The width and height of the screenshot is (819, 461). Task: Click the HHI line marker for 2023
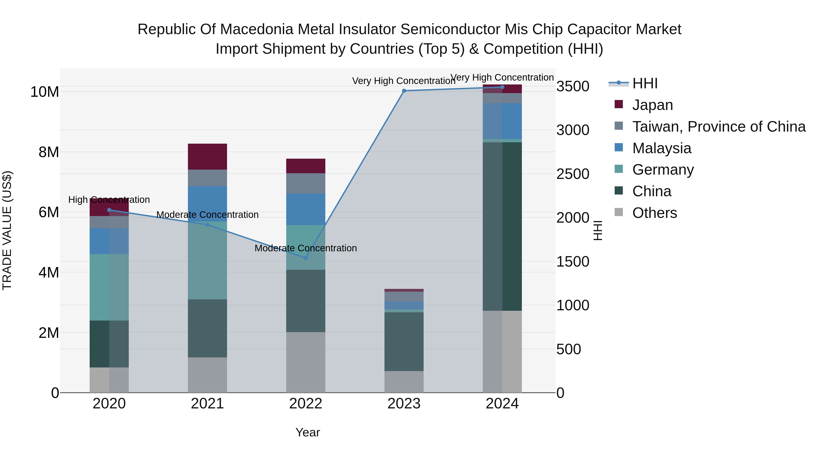[x=404, y=91]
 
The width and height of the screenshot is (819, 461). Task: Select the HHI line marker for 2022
[x=306, y=258]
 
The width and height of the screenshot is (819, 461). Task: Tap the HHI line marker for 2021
[x=207, y=225]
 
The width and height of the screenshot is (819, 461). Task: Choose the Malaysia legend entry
[x=661, y=148]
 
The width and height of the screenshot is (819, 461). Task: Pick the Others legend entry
[x=654, y=213]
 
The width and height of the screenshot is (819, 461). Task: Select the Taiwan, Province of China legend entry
[x=718, y=127]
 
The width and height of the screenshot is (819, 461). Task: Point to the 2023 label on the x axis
[x=404, y=404]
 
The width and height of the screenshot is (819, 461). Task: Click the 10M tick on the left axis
[x=45, y=92]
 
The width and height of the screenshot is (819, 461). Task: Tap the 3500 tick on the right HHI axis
[x=573, y=86]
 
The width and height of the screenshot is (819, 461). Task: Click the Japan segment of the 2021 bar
[x=207, y=157]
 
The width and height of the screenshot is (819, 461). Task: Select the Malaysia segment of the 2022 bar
[x=306, y=209]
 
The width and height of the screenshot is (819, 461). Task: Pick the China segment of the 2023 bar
[x=404, y=341]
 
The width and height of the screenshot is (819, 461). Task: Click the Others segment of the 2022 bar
[x=306, y=362]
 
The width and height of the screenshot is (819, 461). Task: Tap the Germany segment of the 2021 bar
[x=207, y=260]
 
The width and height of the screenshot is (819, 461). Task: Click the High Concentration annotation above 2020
[x=109, y=200]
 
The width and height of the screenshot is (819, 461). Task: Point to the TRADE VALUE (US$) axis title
[x=7, y=230]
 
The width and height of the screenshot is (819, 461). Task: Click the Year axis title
[x=307, y=432]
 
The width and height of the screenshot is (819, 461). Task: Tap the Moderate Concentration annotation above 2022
[x=306, y=248]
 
